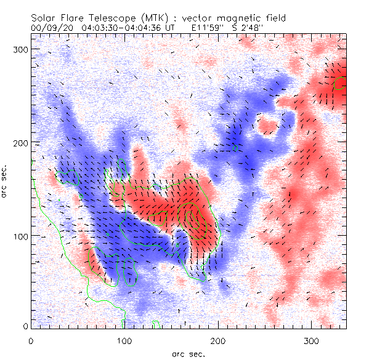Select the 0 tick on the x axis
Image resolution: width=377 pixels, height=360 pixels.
(x=31, y=340)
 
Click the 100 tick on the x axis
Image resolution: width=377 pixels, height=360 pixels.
(x=124, y=340)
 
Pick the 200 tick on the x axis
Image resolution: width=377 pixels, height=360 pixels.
(x=217, y=340)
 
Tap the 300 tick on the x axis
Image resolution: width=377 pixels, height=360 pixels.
(x=312, y=340)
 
